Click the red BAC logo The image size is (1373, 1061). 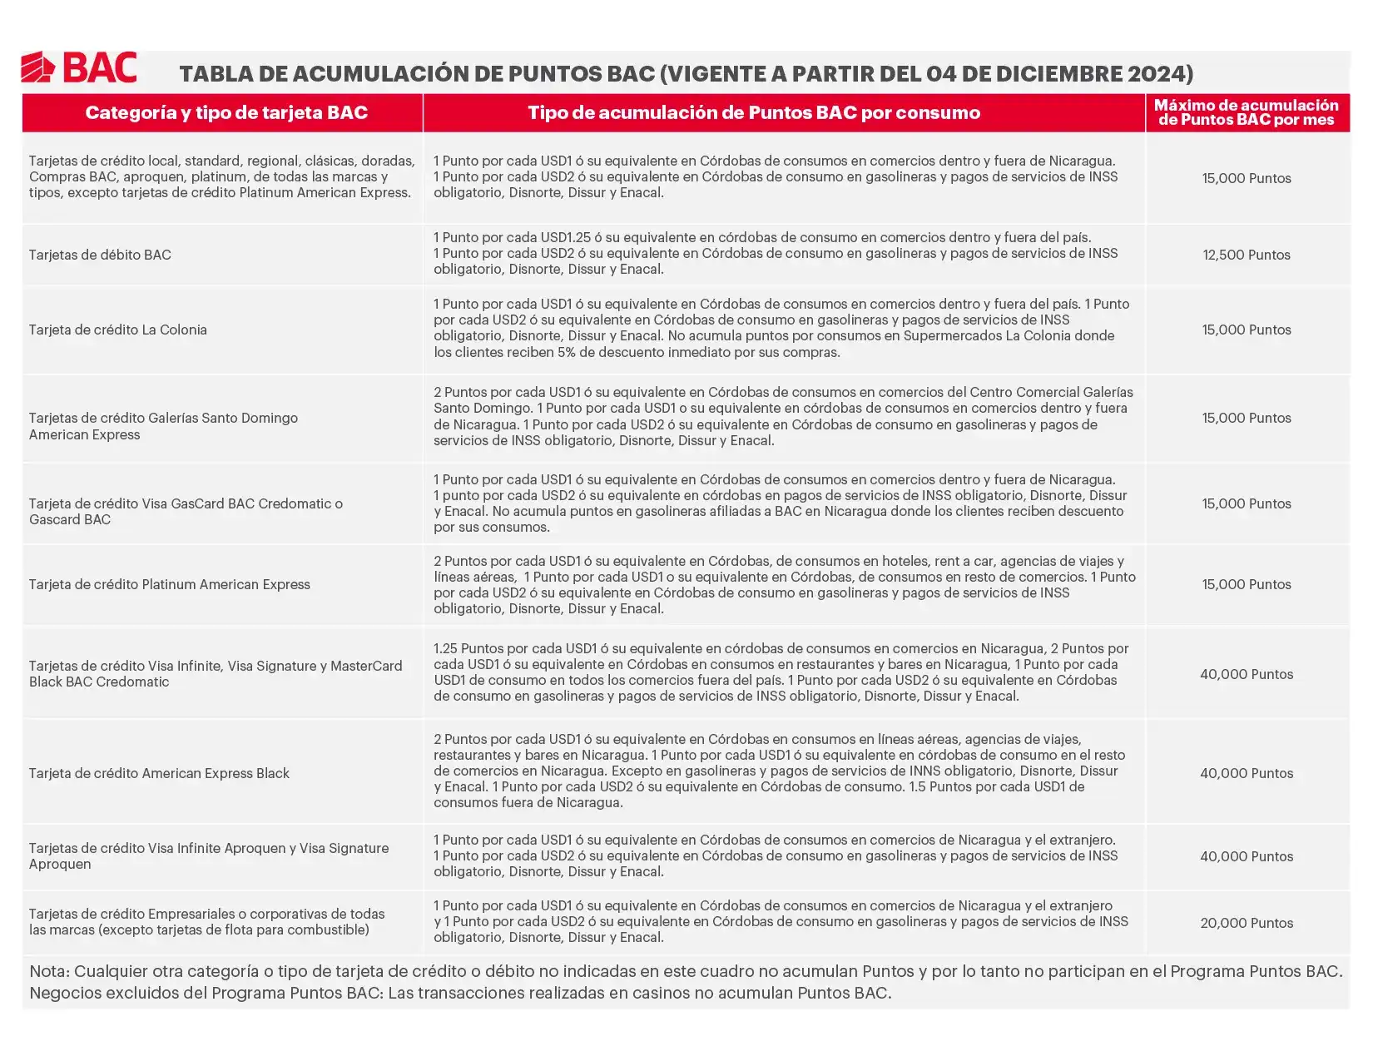coord(79,67)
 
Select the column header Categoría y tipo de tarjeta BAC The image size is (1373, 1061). coord(226,113)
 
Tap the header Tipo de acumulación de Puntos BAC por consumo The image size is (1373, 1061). coord(754,113)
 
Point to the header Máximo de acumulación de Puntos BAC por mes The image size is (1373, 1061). coord(1246,112)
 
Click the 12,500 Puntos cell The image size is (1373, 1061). coord(1246,255)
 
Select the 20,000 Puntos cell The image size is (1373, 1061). coord(1246,923)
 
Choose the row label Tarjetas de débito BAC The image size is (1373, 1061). coord(100,255)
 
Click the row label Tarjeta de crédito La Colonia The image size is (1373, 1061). coord(118,330)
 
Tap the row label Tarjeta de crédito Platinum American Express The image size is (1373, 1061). coord(170,585)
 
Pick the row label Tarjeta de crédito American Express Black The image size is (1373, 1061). coord(159,774)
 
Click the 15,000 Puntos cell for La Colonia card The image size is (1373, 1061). coord(1246,330)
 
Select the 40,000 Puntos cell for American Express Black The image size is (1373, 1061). coord(1246,774)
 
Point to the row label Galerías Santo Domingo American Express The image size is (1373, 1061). coord(163,426)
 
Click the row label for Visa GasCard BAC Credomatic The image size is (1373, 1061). coord(186,512)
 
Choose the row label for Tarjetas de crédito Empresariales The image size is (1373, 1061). coord(206,922)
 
